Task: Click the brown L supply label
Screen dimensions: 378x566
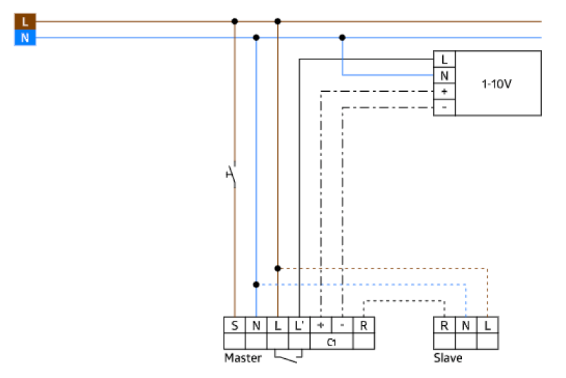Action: [x=25, y=23]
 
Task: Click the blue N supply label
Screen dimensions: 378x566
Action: [x=25, y=37]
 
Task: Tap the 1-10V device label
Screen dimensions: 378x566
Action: [x=497, y=83]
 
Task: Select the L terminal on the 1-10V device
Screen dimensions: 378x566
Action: [x=444, y=59]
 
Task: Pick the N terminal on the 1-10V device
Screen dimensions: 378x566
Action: [x=444, y=76]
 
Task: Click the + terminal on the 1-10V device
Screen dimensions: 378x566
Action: [x=444, y=92]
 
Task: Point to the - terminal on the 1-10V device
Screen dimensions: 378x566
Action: [x=444, y=107]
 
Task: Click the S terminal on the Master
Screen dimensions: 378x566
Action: [x=234, y=325]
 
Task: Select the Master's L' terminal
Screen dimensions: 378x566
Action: [x=299, y=325]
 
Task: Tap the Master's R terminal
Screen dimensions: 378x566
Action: [x=364, y=325]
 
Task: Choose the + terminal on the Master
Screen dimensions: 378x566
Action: [x=320, y=325]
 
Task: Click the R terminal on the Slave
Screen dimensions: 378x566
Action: [x=444, y=325]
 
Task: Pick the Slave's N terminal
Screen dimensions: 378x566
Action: [x=466, y=325]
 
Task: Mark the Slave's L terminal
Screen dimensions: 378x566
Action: [x=487, y=325]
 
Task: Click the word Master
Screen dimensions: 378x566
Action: [x=243, y=358]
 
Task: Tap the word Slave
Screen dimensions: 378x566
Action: [x=448, y=358]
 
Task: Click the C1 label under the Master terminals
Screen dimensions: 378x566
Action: [x=331, y=342]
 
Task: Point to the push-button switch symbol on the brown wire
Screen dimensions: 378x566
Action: [x=231, y=174]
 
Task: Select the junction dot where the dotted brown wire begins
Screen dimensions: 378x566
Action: [x=278, y=268]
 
